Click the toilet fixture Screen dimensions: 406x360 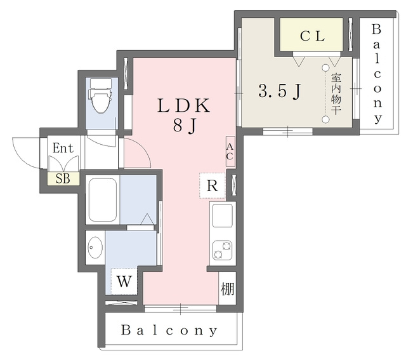pos(100,95)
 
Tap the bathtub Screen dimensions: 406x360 pos(102,199)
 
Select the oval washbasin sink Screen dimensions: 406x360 pos(95,247)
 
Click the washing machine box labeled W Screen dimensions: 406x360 pos(124,281)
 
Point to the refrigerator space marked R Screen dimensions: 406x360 pos(213,185)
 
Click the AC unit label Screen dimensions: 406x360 pos(230,152)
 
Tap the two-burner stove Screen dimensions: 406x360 pos(223,250)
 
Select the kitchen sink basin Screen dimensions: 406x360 pos(223,215)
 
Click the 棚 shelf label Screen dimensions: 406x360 pos(227,288)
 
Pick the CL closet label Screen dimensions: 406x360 pos(312,36)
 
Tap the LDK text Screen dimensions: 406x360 pos(183,106)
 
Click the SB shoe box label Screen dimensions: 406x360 pos(63,178)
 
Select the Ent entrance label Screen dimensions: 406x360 pos(63,148)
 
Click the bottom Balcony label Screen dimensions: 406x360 pos(169,330)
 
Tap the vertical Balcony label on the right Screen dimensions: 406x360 pos(377,74)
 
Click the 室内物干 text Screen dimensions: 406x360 pos(336,95)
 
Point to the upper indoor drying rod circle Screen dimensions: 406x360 pos(325,68)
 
